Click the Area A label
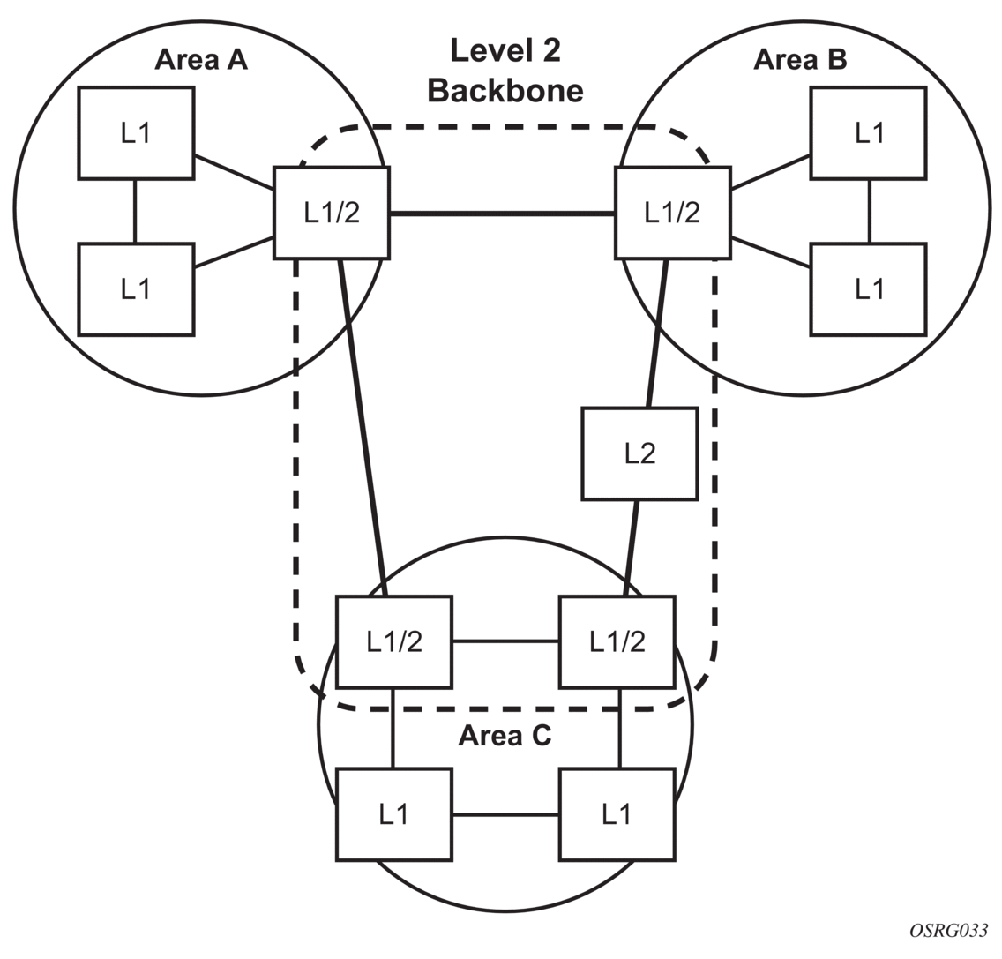tap(200, 59)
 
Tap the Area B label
tap(800, 59)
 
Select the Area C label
tap(505, 736)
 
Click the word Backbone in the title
tap(505, 90)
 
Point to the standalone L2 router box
tap(639, 453)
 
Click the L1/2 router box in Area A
tap(332, 213)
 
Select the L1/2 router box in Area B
tap(672, 213)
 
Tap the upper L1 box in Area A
tap(136, 133)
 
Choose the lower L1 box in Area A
tap(136, 289)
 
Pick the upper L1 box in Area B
tap(869, 133)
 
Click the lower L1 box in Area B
tap(869, 289)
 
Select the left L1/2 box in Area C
tap(394, 641)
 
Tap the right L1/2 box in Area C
tap(617, 641)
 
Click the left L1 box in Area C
tap(394, 814)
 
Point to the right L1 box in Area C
tap(617, 814)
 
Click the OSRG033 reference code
tap(949, 932)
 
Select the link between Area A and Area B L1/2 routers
tap(502, 214)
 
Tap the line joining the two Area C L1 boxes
tap(505, 814)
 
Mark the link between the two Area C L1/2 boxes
tap(505, 641)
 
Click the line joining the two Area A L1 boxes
tap(135, 211)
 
